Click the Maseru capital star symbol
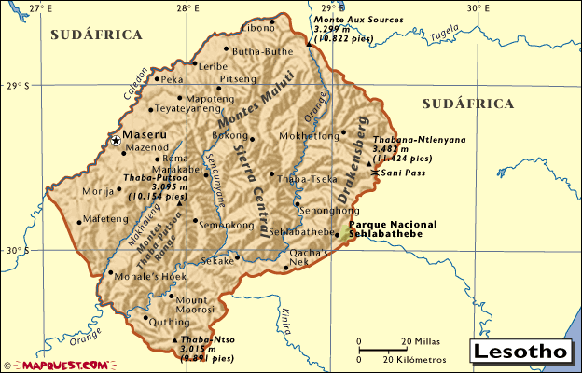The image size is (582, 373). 116,141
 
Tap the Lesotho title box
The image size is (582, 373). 520,352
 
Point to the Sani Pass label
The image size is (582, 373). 402,173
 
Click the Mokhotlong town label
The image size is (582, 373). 309,136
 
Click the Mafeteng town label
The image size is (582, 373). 105,220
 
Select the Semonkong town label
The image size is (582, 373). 226,225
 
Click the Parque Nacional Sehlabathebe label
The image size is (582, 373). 393,228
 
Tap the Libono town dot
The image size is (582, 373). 273,21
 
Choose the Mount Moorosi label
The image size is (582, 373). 192,304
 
